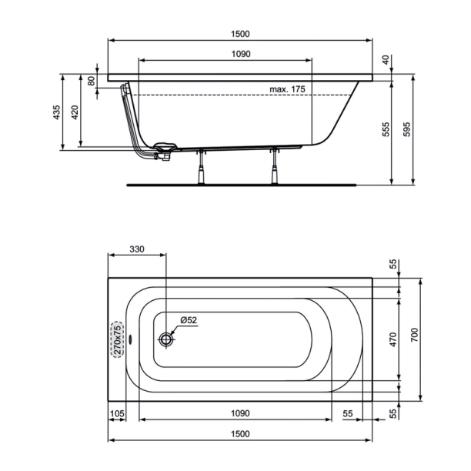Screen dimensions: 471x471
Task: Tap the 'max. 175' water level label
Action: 288,90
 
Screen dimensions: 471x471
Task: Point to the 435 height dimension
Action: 56,113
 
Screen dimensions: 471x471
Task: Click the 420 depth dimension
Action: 75,113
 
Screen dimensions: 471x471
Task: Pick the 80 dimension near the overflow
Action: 92,81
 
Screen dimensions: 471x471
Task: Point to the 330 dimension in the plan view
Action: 136,249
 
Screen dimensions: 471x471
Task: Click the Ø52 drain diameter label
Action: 189,320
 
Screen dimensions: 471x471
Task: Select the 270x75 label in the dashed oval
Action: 117,339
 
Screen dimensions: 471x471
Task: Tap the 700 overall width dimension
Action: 413,336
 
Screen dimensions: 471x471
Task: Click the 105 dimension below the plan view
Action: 118,414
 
